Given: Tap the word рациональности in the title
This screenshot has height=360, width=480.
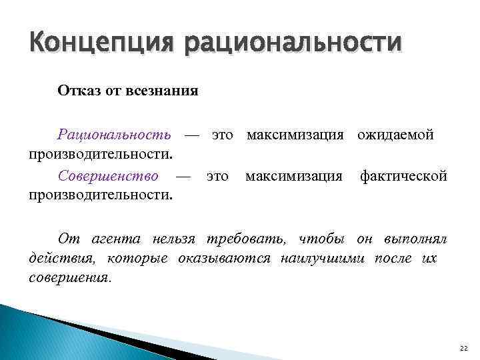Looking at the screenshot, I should pos(293,45).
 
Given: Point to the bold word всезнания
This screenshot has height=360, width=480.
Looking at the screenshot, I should pos(165,90).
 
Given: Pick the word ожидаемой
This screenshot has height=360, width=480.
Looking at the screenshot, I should pos(395,135).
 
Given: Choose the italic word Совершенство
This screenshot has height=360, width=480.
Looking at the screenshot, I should pos(108,177).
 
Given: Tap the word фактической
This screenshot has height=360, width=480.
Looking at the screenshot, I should pos(403,177).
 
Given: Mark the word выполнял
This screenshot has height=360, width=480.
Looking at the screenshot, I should pos(415,239).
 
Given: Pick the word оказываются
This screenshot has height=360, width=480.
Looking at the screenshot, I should pos(224,259).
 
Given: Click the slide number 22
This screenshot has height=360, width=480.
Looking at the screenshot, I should pos(464,349).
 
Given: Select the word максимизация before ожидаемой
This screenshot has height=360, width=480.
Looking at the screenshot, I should pos(295,135).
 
